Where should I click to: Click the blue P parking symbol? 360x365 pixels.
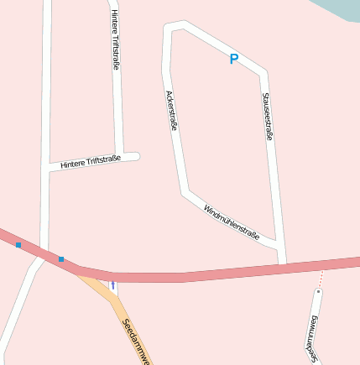click(x=234, y=59)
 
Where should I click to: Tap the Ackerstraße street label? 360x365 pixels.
click(x=171, y=111)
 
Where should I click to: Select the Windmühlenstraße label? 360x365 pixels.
click(x=231, y=222)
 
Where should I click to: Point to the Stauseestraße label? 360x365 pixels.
click(x=267, y=116)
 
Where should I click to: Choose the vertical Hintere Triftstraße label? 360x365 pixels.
click(x=115, y=39)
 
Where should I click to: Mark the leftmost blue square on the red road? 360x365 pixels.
click(x=18, y=245)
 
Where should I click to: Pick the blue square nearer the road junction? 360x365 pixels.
click(x=60, y=258)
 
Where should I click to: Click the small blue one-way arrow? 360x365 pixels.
click(x=113, y=286)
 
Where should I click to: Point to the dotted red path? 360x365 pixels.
click(x=320, y=279)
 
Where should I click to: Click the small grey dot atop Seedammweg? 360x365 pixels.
click(x=318, y=291)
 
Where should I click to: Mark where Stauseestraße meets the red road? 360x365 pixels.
click(x=283, y=265)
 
